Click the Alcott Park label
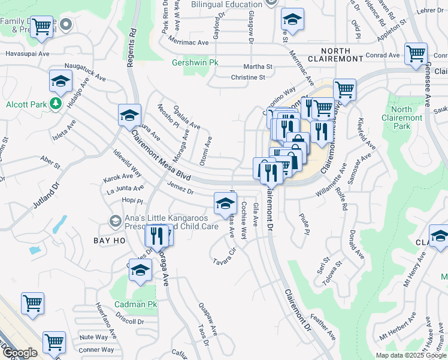pos(26,104)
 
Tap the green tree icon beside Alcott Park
pos(56,104)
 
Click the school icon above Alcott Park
pos(60,80)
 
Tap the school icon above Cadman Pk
pos(140,273)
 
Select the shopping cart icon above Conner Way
pos(54,342)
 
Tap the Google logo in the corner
pos(19,353)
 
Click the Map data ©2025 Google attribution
pos(411,355)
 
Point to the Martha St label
pos(258,67)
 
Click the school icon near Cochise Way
pos(225,203)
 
